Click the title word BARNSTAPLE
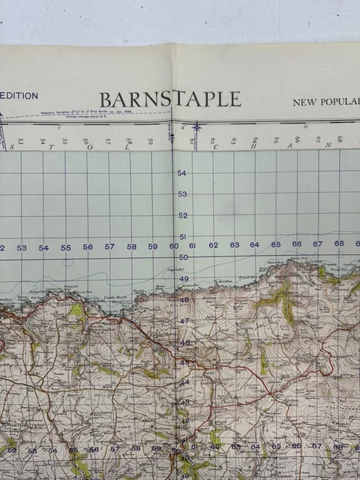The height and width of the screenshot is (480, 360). [x=170, y=99]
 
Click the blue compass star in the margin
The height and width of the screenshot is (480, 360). [x=196, y=127]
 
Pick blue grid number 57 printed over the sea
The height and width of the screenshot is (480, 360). [x=109, y=246]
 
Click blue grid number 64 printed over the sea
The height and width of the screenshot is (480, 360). [x=254, y=244]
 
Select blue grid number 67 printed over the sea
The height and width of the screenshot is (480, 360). [x=317, y=244]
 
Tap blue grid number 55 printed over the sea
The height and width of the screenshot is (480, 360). [x=66, y=247]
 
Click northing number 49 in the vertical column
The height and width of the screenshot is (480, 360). [x=184, y=278]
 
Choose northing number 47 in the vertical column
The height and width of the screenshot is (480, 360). [x=184, y=321]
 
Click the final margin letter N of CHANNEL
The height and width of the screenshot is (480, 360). [x=328, y=145]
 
